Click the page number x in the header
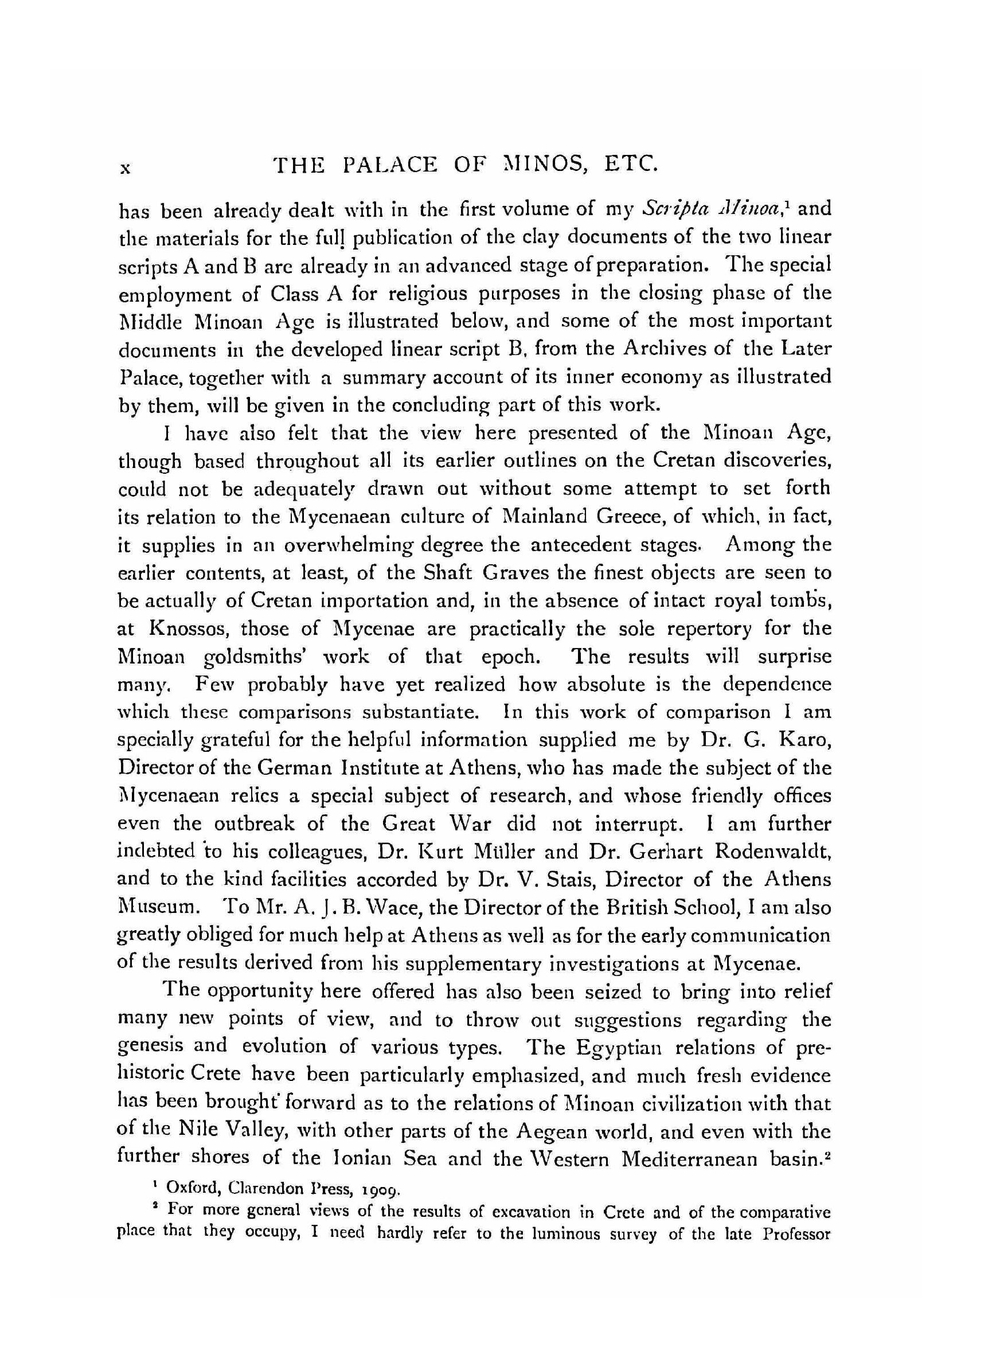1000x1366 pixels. click(125, 168)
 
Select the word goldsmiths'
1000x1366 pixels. click(261, 657)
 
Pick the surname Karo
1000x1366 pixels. click(804, 741)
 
